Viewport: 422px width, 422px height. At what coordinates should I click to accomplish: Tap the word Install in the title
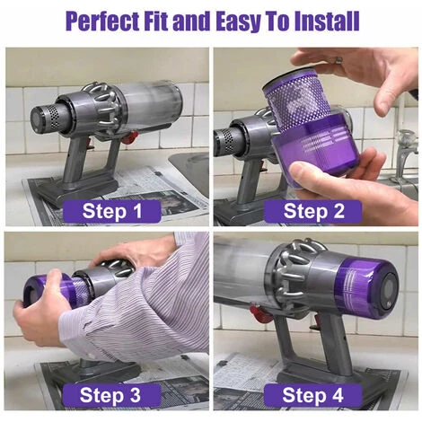click(x=321, y=20)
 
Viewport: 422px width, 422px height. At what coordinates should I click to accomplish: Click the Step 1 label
click(x=112, y=211)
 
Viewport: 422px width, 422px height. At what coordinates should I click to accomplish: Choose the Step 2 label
click(x=315, y=211)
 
